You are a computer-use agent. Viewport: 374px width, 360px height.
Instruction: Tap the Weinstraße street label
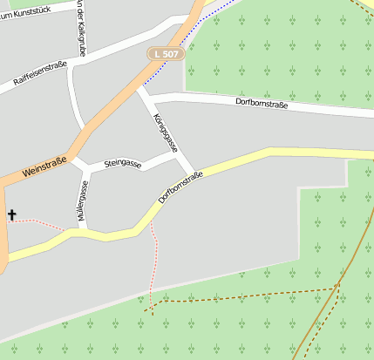coord(44,167)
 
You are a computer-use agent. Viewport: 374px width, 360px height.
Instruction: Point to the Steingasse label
coord(122,163)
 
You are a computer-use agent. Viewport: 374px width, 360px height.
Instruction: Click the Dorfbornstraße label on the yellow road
coord(181,187)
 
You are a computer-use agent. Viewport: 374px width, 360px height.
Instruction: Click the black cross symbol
coord(12,214)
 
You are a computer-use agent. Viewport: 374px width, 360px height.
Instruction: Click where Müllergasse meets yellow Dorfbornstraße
coord(85,232)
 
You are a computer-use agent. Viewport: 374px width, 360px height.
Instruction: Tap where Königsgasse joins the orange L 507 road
coord(138,85)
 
